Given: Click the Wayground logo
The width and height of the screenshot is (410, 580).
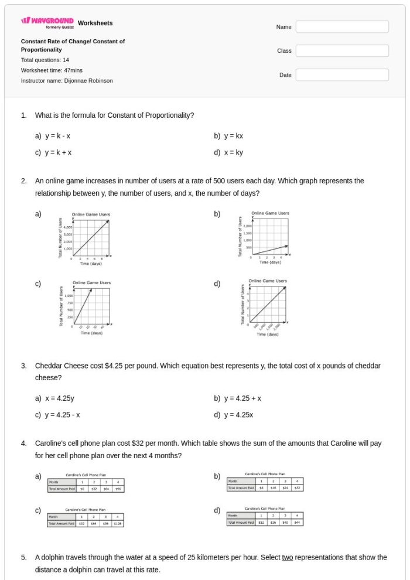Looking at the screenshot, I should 47,24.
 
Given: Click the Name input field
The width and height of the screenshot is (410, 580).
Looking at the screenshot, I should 342,27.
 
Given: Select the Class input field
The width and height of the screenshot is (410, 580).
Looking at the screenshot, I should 342,51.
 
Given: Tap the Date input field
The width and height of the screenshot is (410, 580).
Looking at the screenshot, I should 342,75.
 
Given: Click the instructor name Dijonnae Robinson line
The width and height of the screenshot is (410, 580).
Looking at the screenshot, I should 67,80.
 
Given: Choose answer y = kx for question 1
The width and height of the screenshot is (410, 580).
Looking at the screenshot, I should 233,136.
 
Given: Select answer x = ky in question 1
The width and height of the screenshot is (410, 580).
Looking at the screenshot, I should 233,152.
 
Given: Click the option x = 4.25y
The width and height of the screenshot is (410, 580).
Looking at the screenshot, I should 59,398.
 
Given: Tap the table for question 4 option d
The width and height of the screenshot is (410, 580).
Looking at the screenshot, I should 265,518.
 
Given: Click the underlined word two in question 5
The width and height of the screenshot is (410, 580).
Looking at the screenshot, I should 287,558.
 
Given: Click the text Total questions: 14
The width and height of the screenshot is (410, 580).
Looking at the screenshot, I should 45,60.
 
